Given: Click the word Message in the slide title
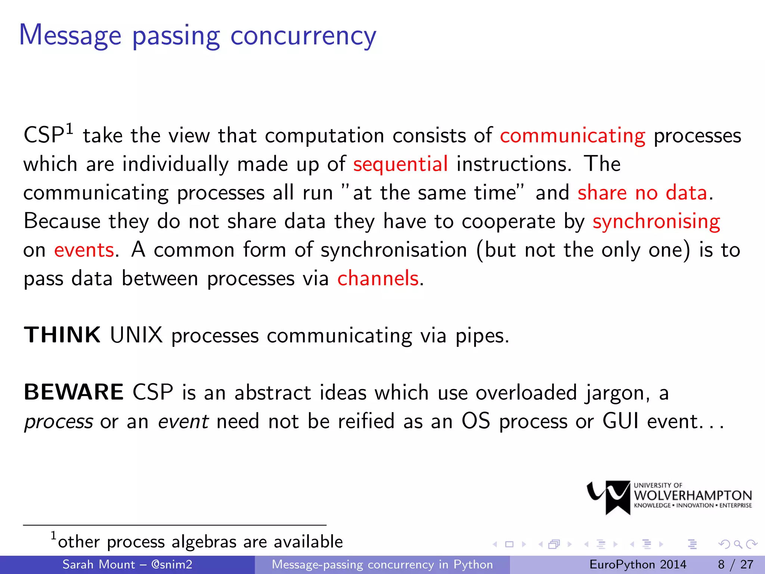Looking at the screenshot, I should (70, 36).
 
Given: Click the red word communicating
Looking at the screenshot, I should (572, 136).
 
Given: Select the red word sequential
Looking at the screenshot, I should (400, 164).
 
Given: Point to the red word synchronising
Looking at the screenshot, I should (656, 222).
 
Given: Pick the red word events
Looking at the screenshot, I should (84, 250).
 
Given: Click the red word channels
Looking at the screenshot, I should (378, 279).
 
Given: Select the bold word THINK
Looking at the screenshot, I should (62, 335).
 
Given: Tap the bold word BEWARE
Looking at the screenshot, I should (74, 392).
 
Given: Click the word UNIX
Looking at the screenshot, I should (136, 335).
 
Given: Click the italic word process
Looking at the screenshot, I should (59, 422).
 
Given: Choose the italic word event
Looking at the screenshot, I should (183, 422).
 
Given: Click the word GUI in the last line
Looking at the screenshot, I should (620, 421).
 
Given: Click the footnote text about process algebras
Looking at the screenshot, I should (200, 542).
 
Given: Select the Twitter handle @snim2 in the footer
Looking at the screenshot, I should (172, 564).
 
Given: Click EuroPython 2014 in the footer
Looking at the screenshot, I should (638, 564).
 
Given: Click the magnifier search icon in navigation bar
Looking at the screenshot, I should (738, 544).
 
